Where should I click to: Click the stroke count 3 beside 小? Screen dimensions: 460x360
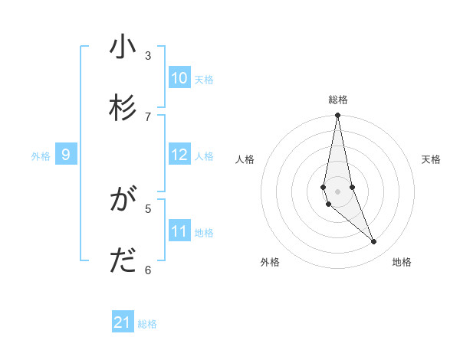point(148,55)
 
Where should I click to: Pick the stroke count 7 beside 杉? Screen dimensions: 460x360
point(148,116)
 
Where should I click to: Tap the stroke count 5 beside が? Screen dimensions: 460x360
point(148,208)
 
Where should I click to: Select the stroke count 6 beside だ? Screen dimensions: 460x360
point(148,270)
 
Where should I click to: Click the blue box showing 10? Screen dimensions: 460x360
point(179,78)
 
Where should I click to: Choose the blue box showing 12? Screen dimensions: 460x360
point(179,155)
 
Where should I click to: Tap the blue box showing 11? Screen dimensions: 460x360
point(179,231)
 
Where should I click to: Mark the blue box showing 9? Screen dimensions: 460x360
point(66,155)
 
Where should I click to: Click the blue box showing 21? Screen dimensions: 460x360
point(123,322)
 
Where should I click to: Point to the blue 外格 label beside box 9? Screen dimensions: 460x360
point(41,156)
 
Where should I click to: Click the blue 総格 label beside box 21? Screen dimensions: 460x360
point(147,324)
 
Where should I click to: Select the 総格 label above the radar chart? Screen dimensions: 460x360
point(338,100)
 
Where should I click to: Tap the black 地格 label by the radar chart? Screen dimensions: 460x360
point(402,262)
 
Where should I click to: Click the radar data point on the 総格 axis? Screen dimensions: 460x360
point(337,116)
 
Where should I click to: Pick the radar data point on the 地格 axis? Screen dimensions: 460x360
point(374,242)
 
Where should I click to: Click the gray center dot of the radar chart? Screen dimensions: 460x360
point(337,191)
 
